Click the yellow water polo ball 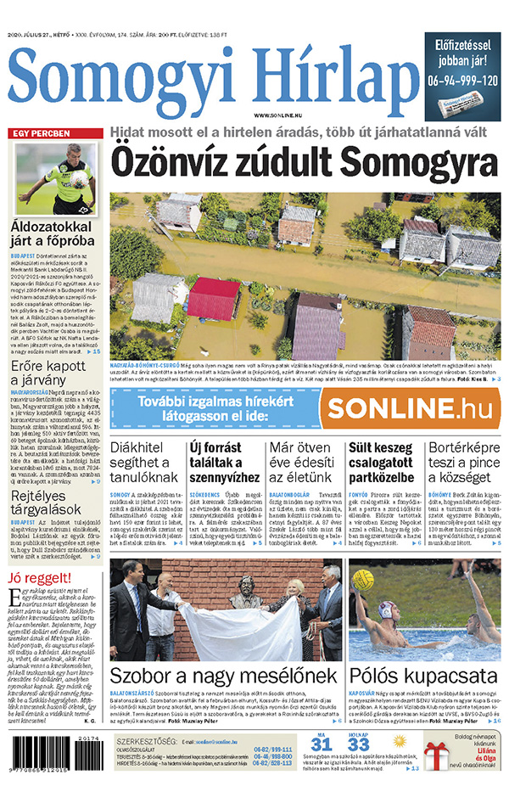tap(365, 580)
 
